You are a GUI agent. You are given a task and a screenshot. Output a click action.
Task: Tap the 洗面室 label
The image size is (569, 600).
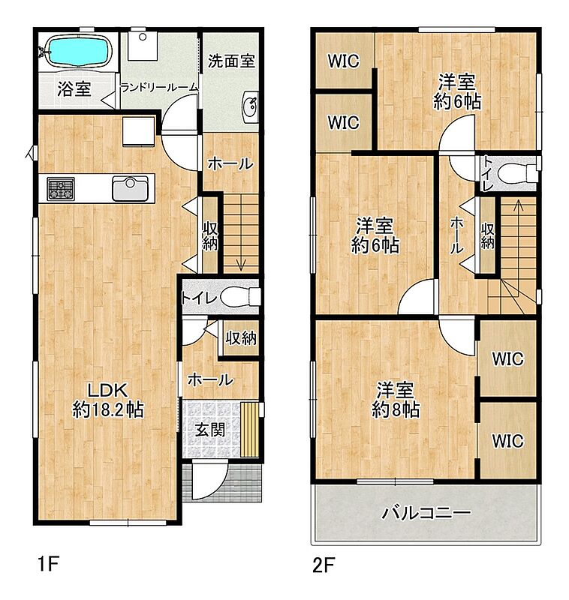tap(231, 61)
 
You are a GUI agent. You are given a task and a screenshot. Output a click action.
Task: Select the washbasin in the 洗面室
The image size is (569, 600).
tap(251, 107)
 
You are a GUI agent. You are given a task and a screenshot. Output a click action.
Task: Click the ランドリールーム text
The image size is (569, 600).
tap(159, 88)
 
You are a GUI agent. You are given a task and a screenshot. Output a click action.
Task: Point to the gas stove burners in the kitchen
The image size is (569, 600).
tap(61, 189)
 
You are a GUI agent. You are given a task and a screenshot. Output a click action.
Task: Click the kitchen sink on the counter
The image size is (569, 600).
tap(130, 188)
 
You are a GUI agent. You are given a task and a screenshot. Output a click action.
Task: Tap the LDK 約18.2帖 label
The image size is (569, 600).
tap(108, 400)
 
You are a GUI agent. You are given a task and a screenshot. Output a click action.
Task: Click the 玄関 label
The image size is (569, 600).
tap(210, 429)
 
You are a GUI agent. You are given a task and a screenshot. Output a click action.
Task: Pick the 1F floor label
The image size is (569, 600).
tap(49, 564)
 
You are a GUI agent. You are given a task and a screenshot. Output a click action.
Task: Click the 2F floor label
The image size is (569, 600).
tap(324, 565)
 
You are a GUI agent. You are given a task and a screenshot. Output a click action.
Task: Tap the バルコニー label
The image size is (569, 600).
tap(426, 513)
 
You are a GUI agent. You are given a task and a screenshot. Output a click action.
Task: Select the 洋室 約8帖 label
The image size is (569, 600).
tap(396, 400)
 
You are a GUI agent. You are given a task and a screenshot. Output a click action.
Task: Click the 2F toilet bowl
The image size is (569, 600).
tap(517, 173)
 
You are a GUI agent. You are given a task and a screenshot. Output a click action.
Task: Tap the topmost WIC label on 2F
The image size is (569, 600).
tap(344, 61)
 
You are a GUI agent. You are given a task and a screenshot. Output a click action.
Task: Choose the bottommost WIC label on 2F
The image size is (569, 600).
tap(507, 441)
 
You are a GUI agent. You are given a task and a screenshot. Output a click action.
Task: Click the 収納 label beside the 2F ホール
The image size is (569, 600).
tap(487, 236)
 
